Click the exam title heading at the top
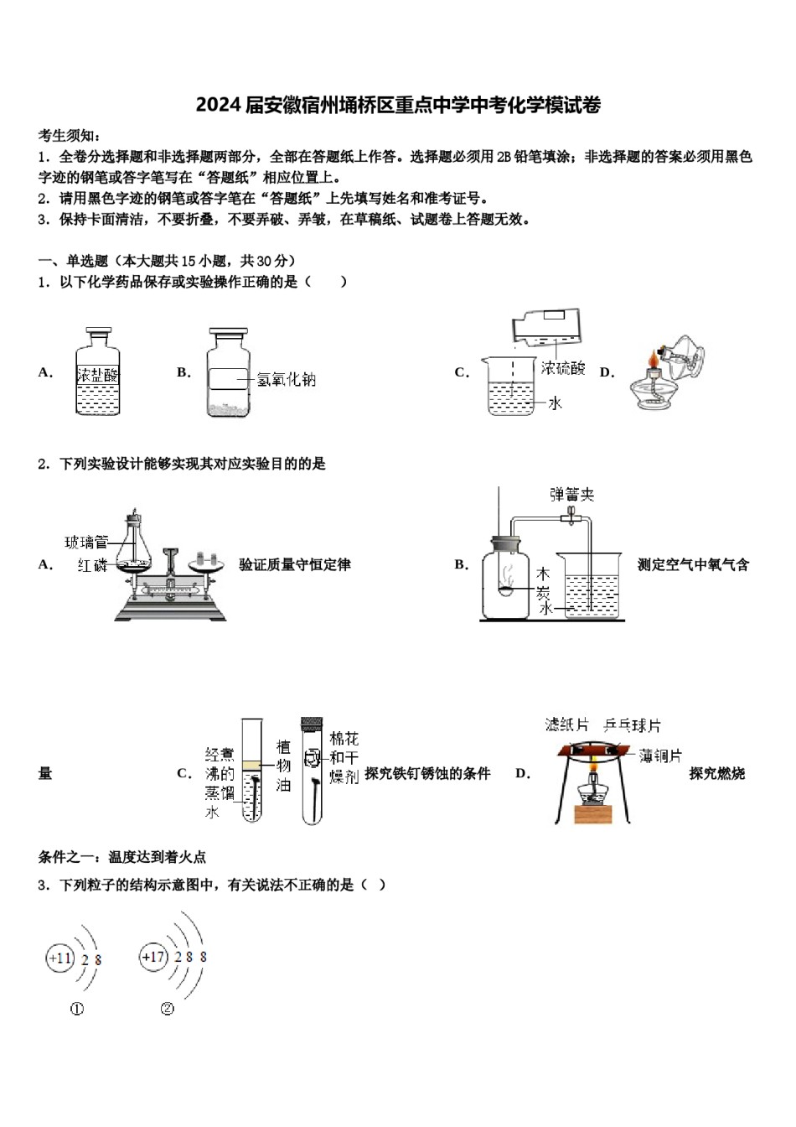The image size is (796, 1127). click(398, 106)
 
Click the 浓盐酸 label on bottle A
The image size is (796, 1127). click(97, 375)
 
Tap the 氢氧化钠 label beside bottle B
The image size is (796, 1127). click(286, 380)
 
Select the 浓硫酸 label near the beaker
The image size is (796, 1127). click(562, 368)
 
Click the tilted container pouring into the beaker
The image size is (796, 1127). click(549, 326)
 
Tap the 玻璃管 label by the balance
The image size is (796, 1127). click(86, 542)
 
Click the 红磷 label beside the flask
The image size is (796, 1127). click(92, 565)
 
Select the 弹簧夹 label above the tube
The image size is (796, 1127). click(572, 495)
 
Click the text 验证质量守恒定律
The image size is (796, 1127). click(295, 565)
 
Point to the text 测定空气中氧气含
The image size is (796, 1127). click(693, 565)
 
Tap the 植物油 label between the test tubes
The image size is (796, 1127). click(284, 766)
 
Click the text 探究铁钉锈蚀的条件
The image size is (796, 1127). click(427, 774)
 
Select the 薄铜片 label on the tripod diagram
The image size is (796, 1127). click(660, 756)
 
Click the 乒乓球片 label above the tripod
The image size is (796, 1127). click(633, 725)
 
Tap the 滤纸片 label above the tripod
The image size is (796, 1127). click(567, 725)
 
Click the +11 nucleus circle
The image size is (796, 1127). click(60, 958)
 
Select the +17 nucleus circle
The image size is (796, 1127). click(154, 957)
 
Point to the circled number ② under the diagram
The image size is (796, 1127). click(167, 1009)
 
